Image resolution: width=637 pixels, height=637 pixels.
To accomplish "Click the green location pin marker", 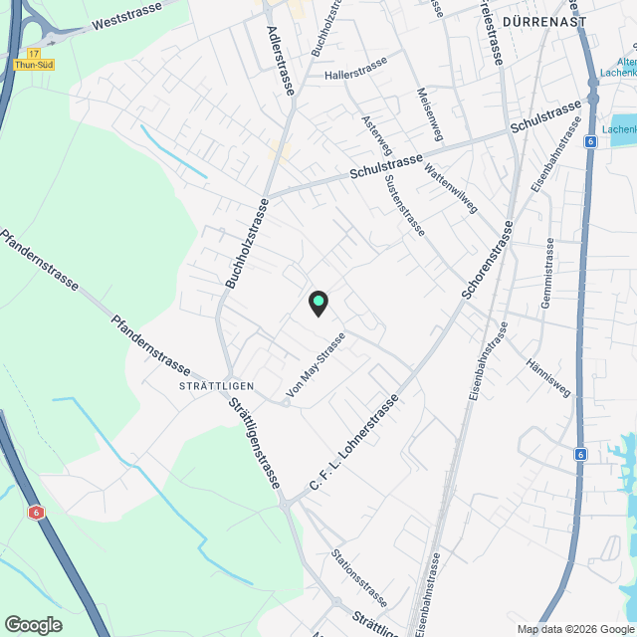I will [318, 303].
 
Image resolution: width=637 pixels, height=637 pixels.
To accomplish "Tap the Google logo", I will [32, 625].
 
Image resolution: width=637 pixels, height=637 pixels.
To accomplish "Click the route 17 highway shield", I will [34, 53].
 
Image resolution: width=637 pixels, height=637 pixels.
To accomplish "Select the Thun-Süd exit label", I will [34, 66].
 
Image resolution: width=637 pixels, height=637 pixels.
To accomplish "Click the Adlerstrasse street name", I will [281, 60].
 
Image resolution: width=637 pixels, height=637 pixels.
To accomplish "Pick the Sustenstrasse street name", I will [403, 200].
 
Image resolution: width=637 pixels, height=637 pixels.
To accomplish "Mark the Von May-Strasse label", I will [316, 367].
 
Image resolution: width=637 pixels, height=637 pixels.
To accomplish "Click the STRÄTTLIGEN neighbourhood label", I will [217, 386].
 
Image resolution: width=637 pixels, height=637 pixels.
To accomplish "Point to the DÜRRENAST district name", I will [544, 21].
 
